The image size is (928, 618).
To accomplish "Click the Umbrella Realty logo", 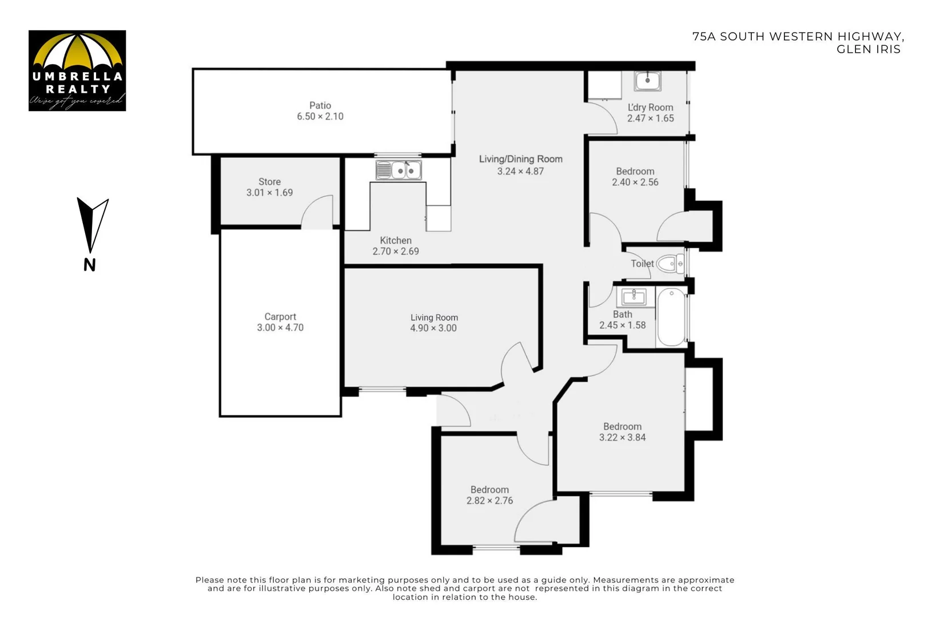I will pos(77,70).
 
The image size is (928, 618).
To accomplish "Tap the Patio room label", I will pos(320,105).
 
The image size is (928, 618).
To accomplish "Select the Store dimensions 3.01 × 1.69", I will pos(269,193).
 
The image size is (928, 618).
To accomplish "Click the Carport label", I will pos(280,316).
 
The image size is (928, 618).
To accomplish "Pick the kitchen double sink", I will pos(399,171).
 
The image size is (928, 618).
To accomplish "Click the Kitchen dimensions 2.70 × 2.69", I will pos(396,251).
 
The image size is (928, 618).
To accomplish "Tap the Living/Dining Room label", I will pos(520,159).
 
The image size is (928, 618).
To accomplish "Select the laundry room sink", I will pos(647,81).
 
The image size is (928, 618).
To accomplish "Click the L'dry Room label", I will pos(650,108).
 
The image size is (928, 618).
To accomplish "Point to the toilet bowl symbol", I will pos(670,264).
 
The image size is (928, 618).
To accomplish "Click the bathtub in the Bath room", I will pos(671,317).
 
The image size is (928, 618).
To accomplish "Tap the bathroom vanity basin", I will pos(634,297).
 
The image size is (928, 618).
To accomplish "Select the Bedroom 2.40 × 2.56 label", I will pos(635,172).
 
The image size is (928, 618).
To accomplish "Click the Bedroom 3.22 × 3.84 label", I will pos(622,427).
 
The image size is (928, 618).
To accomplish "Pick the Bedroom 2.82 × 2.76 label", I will pos(489,490).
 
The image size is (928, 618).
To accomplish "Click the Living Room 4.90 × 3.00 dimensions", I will pos(433,328).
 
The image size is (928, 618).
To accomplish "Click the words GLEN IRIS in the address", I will pos(868,49).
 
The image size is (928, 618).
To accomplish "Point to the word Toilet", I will pos(642,264).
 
